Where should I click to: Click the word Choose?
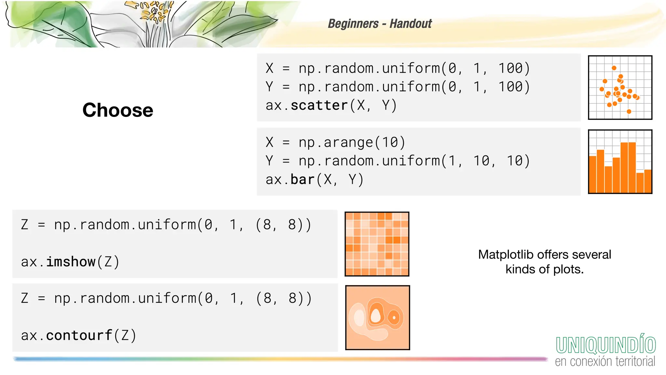[x=118, y=110]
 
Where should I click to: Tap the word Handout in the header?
[x=411, y=24]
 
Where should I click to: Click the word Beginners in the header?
[x=353, y=24]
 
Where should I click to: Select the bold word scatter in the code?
[x=319, y=105]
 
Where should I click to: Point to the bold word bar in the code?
[x=302, y=180]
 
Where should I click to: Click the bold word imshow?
[x=71, y=262]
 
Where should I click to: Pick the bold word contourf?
[x=79, y=335]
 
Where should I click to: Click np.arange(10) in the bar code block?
[x=352, y=143]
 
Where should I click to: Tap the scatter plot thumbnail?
[x=620, y=88]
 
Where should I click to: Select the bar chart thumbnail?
[x=620, y=162]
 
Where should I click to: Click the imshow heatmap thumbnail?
[x=377, y=244]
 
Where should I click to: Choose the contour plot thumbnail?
[x=378, y=318]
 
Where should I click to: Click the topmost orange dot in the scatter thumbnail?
[x=614, y=68]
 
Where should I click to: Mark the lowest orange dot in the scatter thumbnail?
[x=629, y=112]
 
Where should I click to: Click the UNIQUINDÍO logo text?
[x=606, y=345]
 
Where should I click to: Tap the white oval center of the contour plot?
[x=376, y=315]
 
